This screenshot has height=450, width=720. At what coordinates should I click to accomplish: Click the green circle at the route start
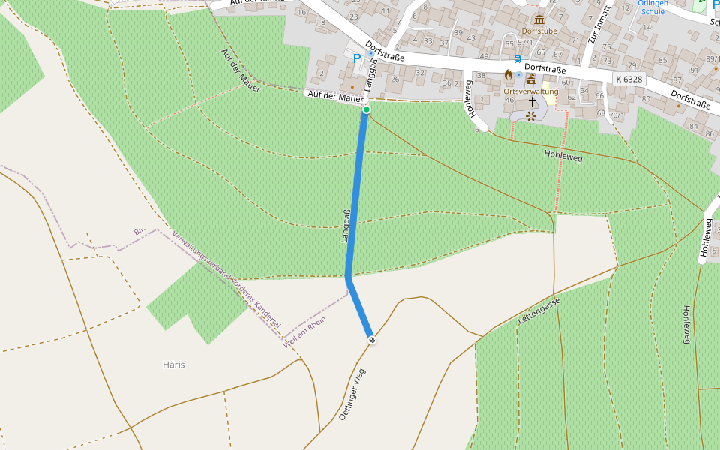pyautogui.click(x=367, y=110)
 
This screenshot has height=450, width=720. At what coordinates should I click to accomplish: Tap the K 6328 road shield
pyautogui.click(x=628, y=79)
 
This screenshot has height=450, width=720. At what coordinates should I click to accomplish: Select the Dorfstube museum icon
pyautogui.click(x=539, y=19)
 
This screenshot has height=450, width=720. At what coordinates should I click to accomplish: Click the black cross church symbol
pyautogui.click(x=532, y=101)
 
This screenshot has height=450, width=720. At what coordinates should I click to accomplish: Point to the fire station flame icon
pyautogui.click(x=508, y=75)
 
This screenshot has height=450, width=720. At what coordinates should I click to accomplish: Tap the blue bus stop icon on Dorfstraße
pyautogui.click(x=517, y=58)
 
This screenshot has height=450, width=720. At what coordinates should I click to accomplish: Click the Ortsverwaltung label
pyautogui.click(x=531, y=91)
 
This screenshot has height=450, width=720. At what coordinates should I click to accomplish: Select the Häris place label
pyautogui.click(x=173, y=364)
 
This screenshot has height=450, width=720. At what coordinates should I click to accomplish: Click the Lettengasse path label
pyautogui.click(x=538, y=310)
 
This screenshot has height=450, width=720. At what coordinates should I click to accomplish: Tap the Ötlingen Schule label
pyautogui.click(x=652, y=7)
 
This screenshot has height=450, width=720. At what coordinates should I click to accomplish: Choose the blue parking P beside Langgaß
pyautogui.click(x=357, y=58)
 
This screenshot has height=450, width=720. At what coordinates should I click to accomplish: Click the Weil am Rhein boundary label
pyautogui.click(x=305, y=331)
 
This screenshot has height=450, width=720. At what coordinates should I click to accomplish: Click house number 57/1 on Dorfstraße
pyautogui.click(x=525, y=43)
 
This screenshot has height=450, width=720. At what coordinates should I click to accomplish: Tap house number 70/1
pyautogui.click(x=616, y=115)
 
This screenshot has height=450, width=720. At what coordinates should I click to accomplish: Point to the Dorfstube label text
pyautogui.click(x=539, y=31)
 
